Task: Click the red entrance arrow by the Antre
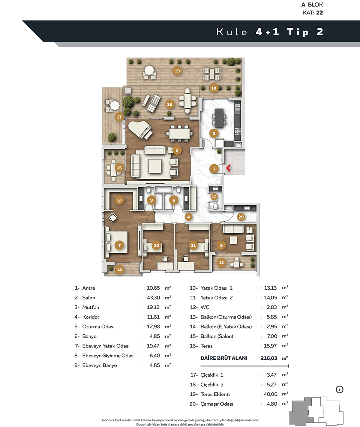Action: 228,168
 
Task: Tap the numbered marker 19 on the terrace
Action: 177,71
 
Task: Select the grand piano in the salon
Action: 140,130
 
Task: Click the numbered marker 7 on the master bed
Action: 120,245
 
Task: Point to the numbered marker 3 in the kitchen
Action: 214,134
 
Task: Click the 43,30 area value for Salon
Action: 153,298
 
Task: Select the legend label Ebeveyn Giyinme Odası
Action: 108,356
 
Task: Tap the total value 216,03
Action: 268,358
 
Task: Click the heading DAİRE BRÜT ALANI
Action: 224,358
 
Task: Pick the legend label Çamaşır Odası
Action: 217,404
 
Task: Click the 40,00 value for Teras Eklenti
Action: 270,394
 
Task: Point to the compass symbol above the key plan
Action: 340,389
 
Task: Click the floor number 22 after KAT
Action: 319,12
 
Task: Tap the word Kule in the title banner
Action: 232,32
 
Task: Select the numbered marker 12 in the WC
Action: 214,197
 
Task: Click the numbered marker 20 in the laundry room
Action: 241,217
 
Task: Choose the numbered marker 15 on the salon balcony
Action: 119,168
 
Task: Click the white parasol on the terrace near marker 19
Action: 149,70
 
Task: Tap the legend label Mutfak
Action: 91,307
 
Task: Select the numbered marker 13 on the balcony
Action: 221,263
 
